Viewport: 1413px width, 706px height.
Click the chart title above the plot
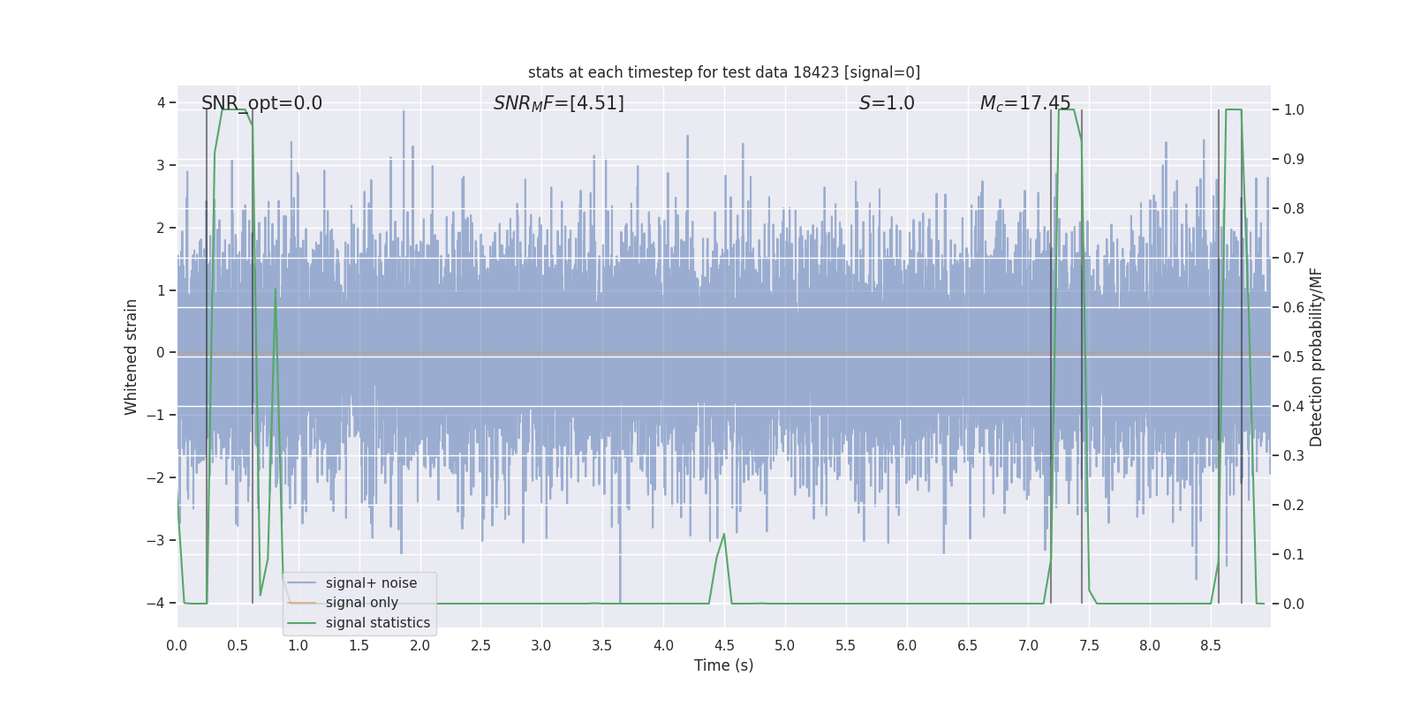click(723, 72)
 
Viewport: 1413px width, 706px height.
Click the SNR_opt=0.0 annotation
click(261, 103)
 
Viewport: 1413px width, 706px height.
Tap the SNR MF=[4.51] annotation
click(558, 103)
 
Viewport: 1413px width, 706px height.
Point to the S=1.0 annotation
click(887, 103)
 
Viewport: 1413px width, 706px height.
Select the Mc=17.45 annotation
click(1025, 103)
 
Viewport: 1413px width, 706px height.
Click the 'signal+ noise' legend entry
click(371, 583)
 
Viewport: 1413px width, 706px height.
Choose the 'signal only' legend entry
click(361, 603)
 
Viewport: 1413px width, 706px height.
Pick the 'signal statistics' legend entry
click(377, 623)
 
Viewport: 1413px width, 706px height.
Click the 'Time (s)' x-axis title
click(723, 665)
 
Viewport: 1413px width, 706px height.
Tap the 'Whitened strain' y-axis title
click(132, 357)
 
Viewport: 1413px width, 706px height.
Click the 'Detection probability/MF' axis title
click(1316, 357)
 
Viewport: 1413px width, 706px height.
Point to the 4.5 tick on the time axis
click(724, 645)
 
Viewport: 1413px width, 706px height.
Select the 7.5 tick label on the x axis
click(1089, 645)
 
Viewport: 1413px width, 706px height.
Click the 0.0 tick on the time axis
click(177, 645)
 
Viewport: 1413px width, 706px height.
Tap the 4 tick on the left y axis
click(162, 103)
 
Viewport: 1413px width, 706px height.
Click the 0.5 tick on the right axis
click(1294, 357)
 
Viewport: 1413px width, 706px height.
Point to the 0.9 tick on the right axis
click(1294, 159)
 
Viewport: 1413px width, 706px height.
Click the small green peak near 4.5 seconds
click(724, 534)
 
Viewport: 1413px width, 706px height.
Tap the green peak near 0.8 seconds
click(276, 289)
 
